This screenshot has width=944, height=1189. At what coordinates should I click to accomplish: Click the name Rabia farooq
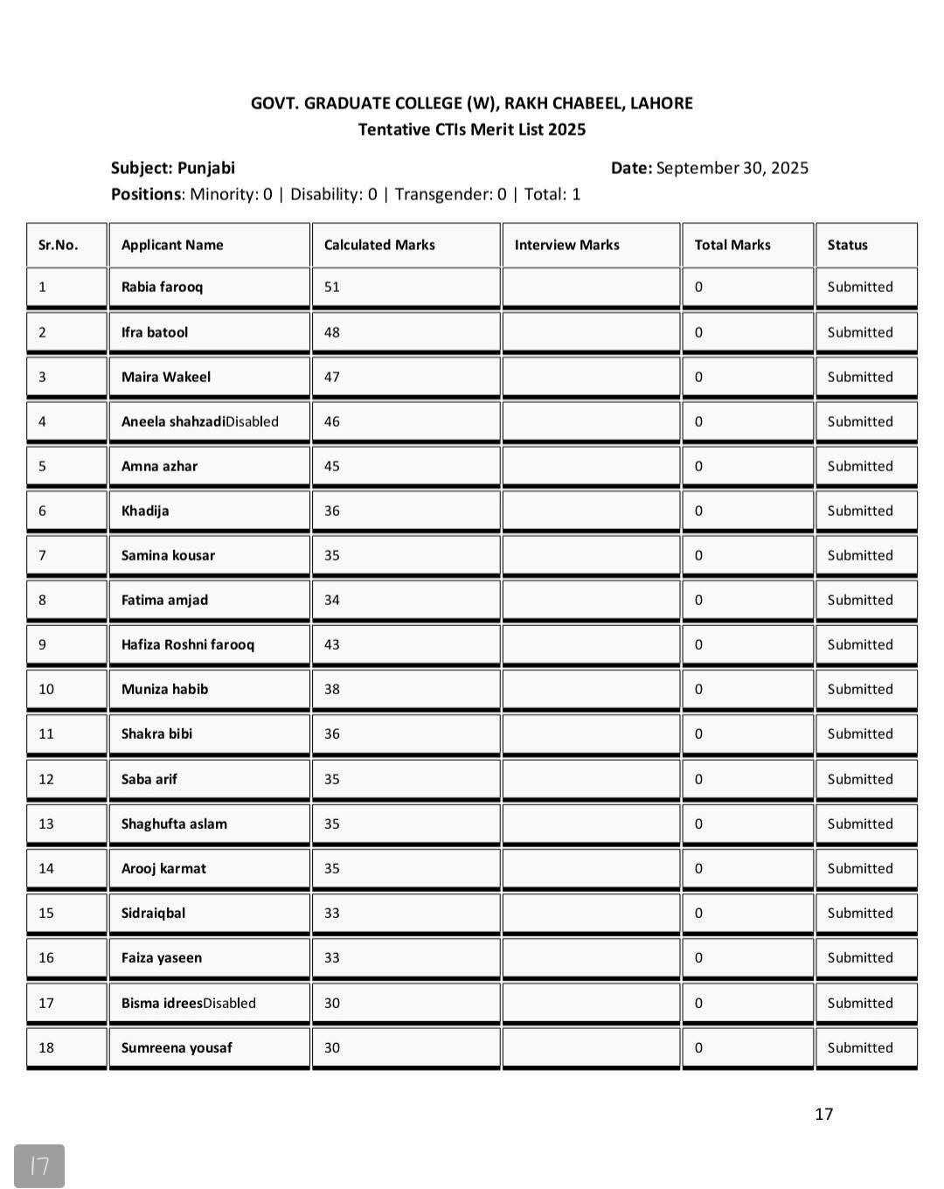(x=162, y=287)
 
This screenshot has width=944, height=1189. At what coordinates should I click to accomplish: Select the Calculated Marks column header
(x=379, y=245)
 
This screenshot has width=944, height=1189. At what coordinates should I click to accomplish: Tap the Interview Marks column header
(x=566, y=245)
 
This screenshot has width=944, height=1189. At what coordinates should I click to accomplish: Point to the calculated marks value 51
(x=332, y=287)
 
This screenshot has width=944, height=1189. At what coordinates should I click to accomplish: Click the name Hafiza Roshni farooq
(x=188, y=644)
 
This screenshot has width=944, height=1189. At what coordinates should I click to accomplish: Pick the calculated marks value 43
(x=332, y=644)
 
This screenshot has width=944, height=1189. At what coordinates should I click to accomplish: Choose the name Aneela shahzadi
(x=173, y=421)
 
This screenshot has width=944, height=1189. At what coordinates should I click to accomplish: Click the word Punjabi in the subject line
(x=206, y=168)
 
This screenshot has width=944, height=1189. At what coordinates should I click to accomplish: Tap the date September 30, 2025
(x=732, y=168)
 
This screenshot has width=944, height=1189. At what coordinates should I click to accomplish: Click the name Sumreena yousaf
(x=177, y=1047)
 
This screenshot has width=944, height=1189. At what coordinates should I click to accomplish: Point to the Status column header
(x=847, y=245)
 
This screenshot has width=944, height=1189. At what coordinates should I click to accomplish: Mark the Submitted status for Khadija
(x=860, y=511)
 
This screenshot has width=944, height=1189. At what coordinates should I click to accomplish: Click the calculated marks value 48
(x=332, y=332)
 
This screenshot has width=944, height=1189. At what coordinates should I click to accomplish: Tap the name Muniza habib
(x=164, y=689)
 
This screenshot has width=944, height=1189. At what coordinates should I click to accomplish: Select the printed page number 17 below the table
(x=823, y=1114)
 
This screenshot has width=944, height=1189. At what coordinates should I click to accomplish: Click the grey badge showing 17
(x=39, y=1165)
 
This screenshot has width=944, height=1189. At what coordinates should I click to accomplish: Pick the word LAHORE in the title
(x=661, y=103)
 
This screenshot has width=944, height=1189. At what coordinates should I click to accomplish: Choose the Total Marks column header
(x=732, y=245)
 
